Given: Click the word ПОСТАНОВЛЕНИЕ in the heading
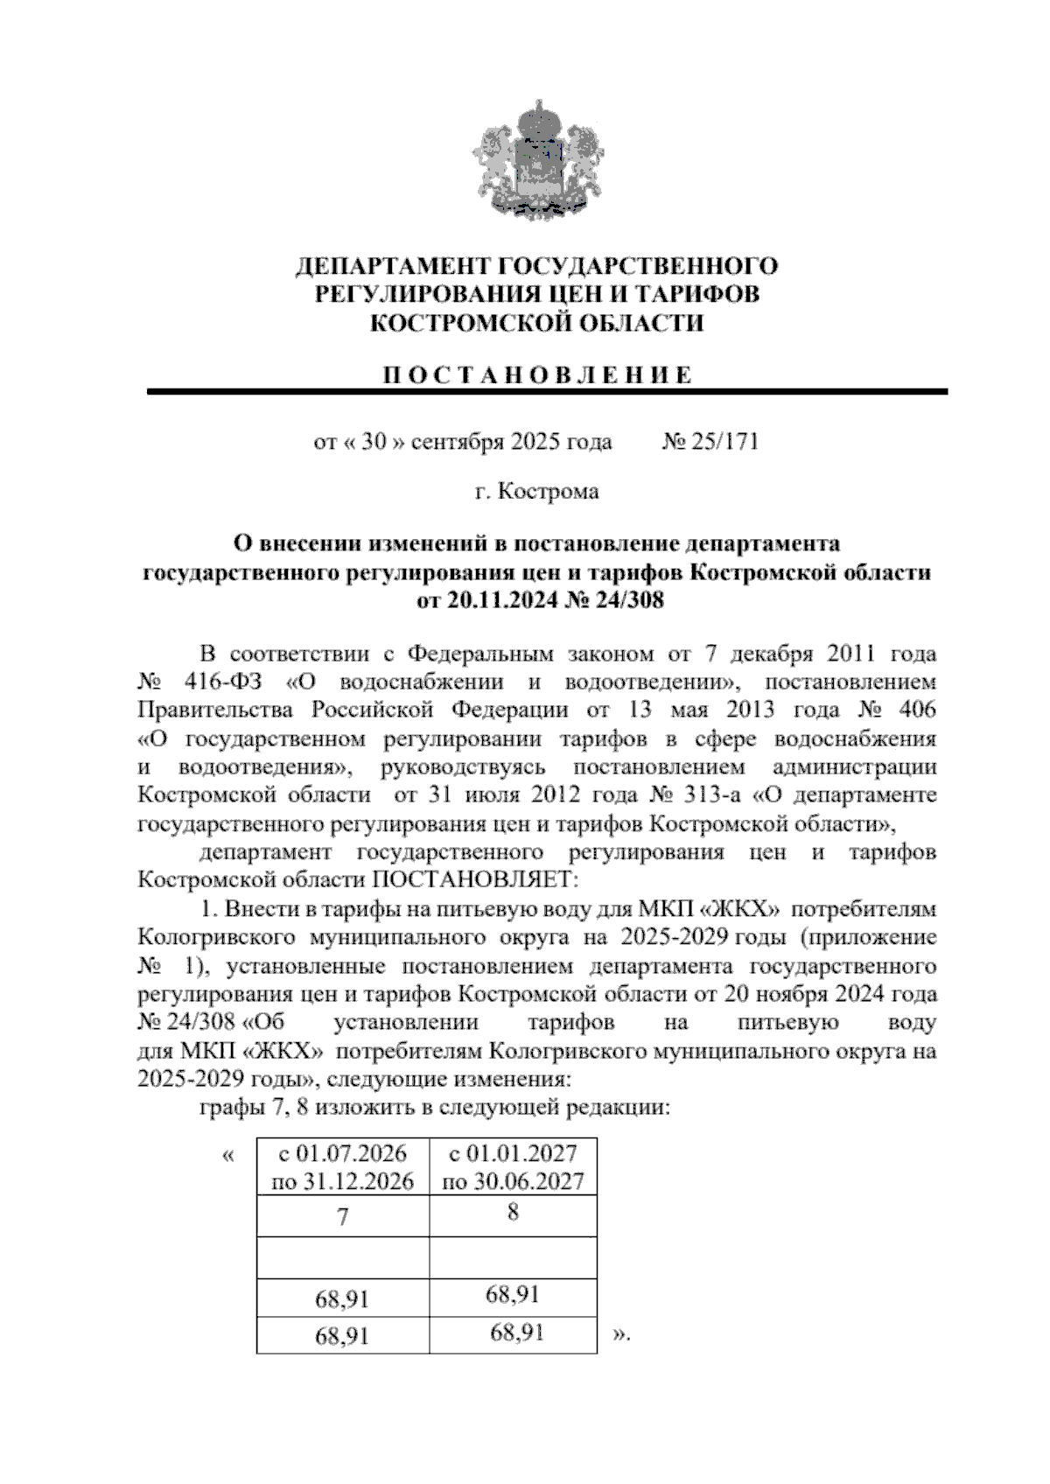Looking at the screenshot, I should coord(538,375).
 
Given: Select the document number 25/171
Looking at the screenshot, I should coord(724,441).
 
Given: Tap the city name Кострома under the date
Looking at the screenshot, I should coord(549,492).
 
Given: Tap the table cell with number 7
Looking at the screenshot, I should coord(343,1217).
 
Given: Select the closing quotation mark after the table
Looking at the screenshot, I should coord(621,1335).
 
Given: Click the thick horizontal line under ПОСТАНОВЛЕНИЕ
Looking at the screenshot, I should coord(547,392).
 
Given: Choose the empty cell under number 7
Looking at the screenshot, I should coord(343,1258).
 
